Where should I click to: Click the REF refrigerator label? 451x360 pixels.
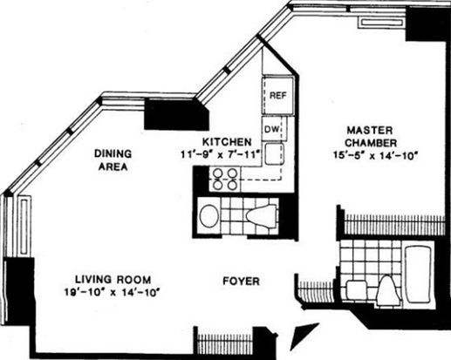click(x=278, y=95)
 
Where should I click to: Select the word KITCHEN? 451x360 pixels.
click(x=227, y=142)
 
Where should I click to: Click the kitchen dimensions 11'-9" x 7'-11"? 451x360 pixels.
click(x=220, y=154)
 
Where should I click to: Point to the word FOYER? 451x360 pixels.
click(x=241, y=282)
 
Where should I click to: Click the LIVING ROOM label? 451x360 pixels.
click(x=113, y=280)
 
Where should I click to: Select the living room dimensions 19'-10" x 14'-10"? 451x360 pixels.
click(x=113, y=292)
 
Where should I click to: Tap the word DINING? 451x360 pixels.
click(x=113, y=153)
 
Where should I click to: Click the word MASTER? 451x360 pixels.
click(x=370, y=130)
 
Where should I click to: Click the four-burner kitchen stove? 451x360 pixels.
click(x=224, y=180)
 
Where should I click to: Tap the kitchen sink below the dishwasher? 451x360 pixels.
click(x=274, y=153)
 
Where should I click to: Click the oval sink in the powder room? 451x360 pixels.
click(x=209, y=216)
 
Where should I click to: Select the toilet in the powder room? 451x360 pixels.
click(x=261, y=216)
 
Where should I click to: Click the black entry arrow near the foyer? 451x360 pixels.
click(x=304, y=336)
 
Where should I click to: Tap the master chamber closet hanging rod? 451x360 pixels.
click(x=394, y=224)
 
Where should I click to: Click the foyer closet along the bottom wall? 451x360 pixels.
click(x=224, y=341)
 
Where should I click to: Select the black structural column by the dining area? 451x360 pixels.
click(x=176, y=114)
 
